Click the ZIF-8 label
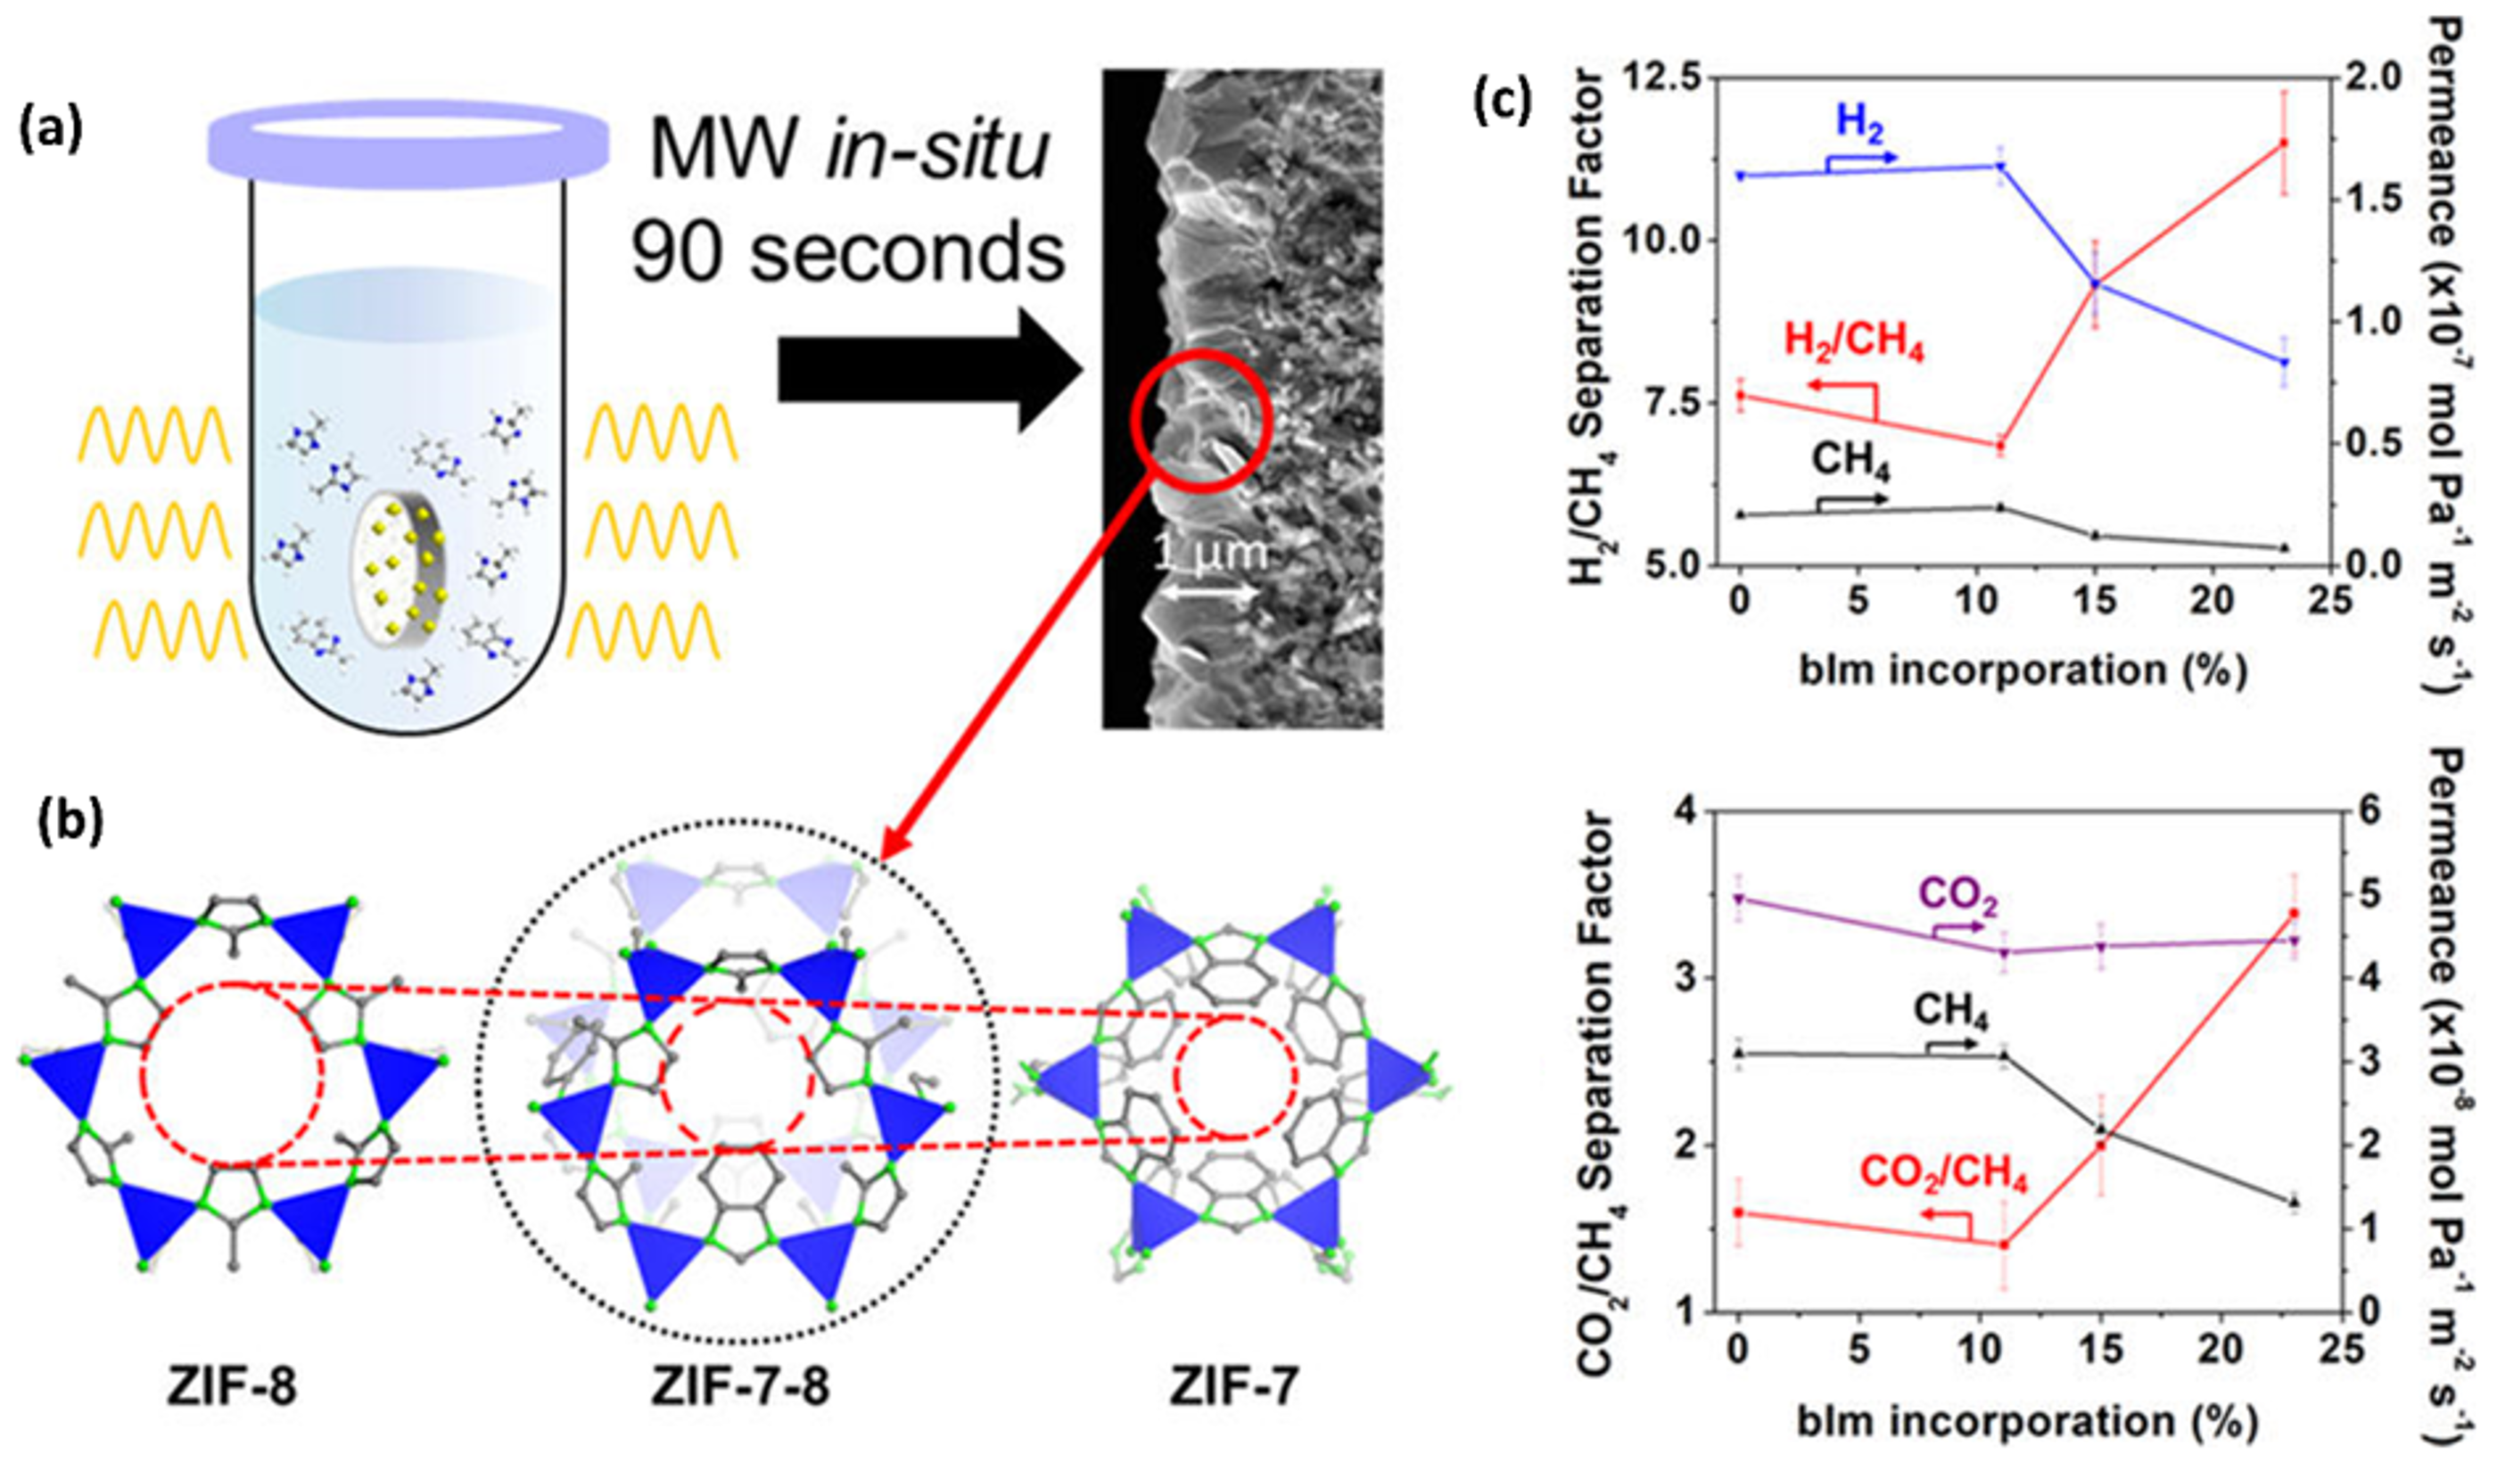tap(231, 1387)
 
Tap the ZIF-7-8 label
tap(739, 1387)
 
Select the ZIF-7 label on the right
tap(1234, 1387)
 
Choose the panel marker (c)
tap(1501, 102)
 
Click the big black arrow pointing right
tap(927, 370)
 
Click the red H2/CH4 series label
tap(1853, 343)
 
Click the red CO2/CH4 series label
tap(1943, 1175)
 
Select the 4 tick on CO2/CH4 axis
tap(1685, 812)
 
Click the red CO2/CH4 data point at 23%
tap(2294, 913)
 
